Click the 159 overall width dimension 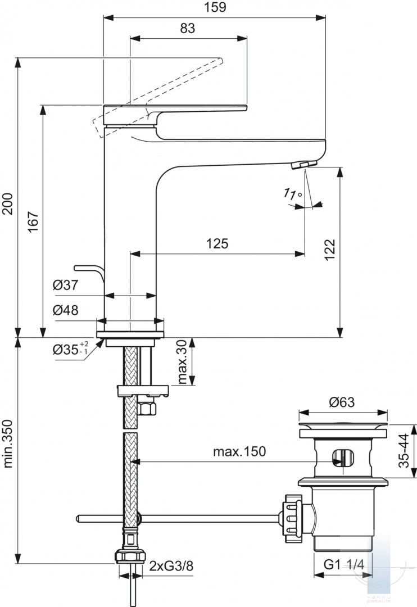(x=215, y=7)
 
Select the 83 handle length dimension (x=188, y=28)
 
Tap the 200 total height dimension (x=8, y=203)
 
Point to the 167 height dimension (x=34, y=221)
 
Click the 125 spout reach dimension (x=217, y=243)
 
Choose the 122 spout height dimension (x=329, y=250)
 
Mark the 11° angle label (x=292, y=193)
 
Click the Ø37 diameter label (x=65, y=286)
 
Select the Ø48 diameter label (x=65, y=310)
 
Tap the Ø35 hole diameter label (x=70, y=349)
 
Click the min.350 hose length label (x=8, y=443)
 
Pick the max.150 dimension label (x=239, y=451)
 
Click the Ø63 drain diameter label (x=342, y=402)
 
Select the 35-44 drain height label (x=404, y=450)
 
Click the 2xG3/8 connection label (x=171, y=567)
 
